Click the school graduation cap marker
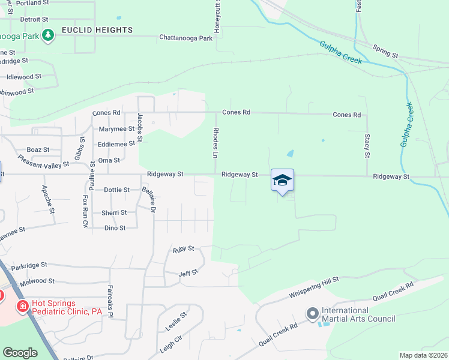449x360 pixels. tap(283, 180)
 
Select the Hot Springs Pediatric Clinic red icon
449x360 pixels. tap(22, 307)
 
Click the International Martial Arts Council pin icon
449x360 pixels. tap(312, 314)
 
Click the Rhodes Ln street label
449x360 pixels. tap(215, 142)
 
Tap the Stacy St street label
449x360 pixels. tap(367, 146)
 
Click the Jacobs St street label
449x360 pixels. tap(140, 127)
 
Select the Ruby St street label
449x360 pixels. tap(184, 248)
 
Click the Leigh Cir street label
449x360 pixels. tap(171, 343)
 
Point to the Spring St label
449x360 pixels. tap(385, 51)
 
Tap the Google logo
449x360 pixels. tap(20, 353)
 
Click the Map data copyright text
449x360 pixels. tap(424, 355)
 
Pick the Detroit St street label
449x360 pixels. tap(34, 19)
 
